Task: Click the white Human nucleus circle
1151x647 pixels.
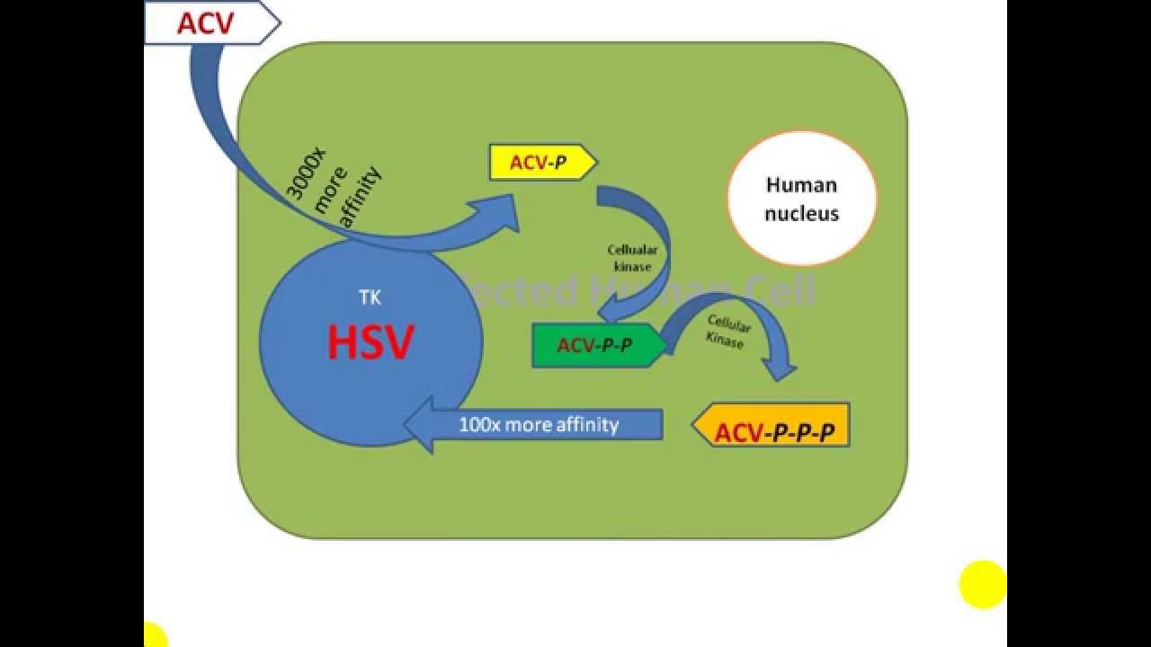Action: [801, 199]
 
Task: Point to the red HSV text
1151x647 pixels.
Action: [370, 342]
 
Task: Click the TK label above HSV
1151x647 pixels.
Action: [370, 297]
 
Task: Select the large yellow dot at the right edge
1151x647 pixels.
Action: [983, 584]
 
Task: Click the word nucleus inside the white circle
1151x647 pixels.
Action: [802, 214]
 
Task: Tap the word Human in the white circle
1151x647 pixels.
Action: [801, 185]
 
